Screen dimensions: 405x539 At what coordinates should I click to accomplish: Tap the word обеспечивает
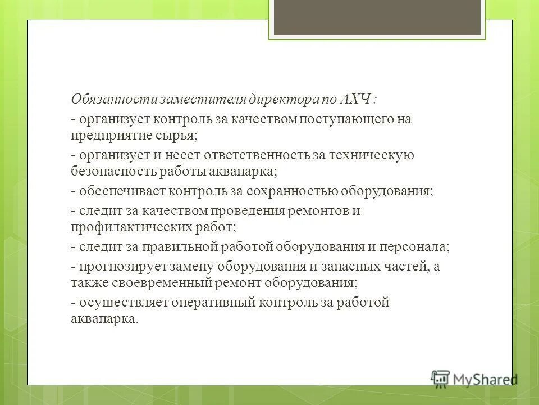(115, 191)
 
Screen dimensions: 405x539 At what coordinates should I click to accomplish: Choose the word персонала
(420, 247)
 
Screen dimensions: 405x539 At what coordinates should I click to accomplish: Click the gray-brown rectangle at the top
(377, 17)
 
